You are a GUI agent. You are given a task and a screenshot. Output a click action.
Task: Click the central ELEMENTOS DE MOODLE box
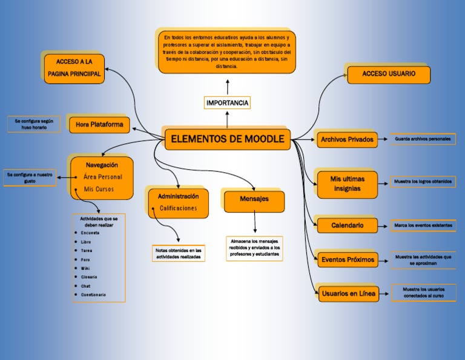228,139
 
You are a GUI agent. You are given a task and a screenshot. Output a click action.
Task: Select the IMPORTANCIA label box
227,103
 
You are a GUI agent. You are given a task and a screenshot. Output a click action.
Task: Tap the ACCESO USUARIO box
389,74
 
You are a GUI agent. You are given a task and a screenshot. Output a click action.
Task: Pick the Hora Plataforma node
99,124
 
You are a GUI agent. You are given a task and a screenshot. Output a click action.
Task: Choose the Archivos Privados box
347,139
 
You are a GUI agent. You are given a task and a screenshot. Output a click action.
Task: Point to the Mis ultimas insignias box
347,184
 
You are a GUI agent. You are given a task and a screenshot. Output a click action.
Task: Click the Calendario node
347,225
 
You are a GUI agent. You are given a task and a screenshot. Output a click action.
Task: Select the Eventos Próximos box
348,259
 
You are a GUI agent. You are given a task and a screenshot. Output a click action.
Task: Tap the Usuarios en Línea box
348,294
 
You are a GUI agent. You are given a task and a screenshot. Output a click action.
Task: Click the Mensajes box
254,199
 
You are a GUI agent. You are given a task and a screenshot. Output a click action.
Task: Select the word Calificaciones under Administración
179,208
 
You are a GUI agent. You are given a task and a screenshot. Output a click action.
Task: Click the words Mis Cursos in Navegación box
99,190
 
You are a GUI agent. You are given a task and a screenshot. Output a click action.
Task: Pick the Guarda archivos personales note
423,139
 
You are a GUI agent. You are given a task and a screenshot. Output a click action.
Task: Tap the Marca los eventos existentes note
423,225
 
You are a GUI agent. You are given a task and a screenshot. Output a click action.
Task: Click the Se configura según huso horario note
34,124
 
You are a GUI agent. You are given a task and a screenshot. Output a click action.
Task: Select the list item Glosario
89,277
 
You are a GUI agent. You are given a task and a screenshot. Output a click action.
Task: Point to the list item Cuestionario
93,295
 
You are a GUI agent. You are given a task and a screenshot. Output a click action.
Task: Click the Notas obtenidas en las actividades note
179,253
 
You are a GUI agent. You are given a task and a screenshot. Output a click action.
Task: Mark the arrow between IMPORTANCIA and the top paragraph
228,86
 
